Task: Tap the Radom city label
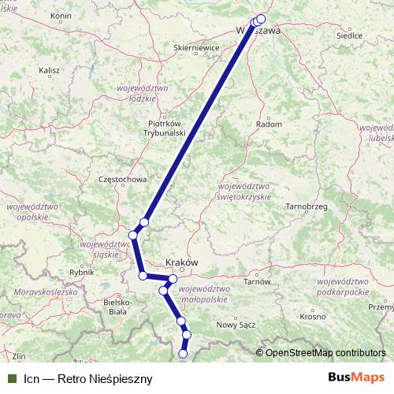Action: click(270, 124)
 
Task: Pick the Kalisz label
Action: click(49, 70)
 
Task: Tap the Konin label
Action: click(61, 16)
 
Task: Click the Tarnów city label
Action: click(258, 281)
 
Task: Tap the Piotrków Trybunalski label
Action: click(166, 128)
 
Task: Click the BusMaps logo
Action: click(356, 378)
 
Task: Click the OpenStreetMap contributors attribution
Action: click(325, 353)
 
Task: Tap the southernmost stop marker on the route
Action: click(184, 354)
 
